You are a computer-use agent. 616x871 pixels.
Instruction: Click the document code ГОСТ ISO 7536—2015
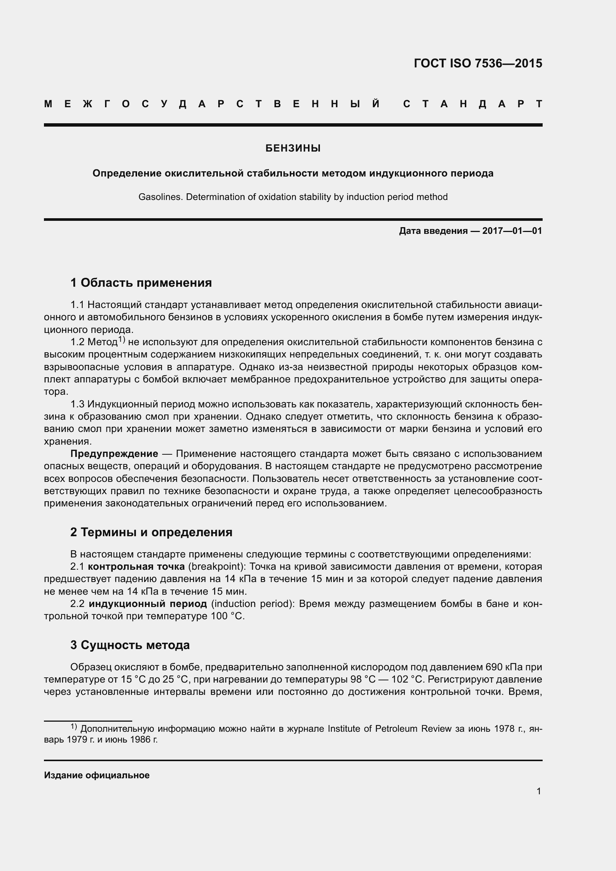[x=477, y=63]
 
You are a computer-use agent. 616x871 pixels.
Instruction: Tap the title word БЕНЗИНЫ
[x=293, y=148]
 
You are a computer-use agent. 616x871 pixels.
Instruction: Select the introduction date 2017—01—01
[x=512, y=231]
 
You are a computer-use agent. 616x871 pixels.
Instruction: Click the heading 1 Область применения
[x=141, y=283]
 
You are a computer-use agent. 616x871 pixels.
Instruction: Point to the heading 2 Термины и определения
[x=151, y=532]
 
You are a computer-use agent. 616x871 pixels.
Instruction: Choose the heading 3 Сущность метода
[x=130, y=645]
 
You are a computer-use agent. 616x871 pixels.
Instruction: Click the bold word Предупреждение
[x=114, y=454]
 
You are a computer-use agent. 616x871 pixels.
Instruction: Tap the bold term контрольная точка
[x=136, y=567]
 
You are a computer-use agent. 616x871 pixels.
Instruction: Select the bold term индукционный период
[x=148, y=604]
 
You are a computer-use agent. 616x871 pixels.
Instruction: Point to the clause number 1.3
[x=77, y=404]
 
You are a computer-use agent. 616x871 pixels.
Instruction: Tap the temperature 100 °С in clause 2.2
[x=227, y=616]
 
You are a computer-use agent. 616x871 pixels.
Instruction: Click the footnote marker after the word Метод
[x=121, y=339]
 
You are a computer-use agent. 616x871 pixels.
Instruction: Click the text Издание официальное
[x=97, y=775]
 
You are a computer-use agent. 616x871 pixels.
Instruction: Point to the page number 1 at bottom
[x=539, y=791]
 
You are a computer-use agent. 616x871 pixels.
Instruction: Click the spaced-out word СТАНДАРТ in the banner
[x=473, y=104]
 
